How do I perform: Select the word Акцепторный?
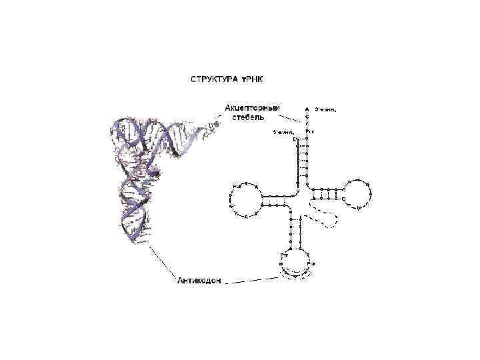(252, 107)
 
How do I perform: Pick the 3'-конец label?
(326, 109)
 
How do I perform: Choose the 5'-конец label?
(284, 131)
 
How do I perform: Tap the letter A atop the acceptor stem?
(307, 109)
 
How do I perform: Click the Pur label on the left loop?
(237, 185)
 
